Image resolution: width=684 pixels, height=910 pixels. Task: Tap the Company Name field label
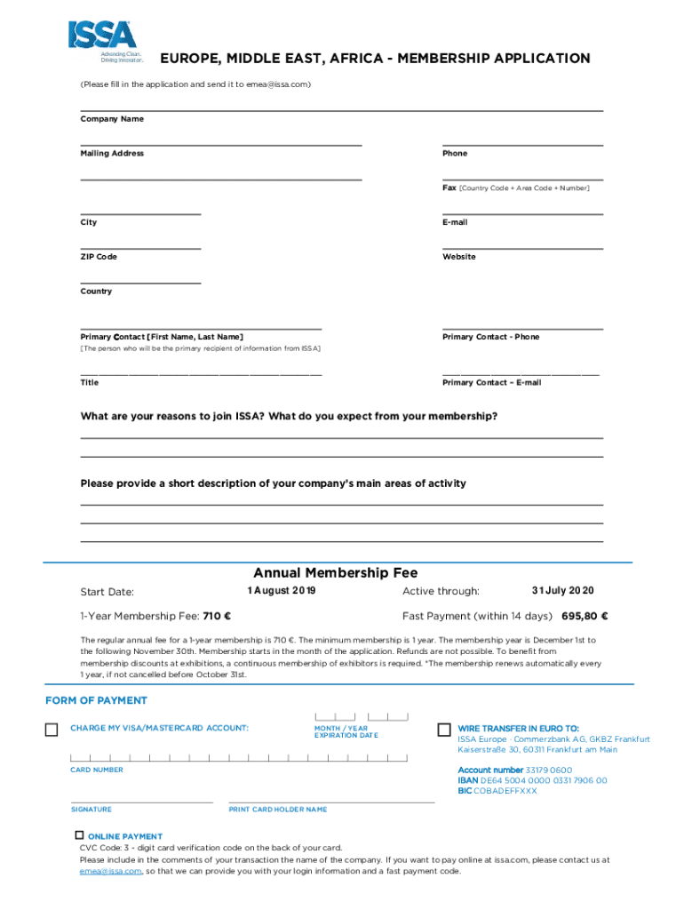[x=112, y=119]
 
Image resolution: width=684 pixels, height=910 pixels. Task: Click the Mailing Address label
[x=112, y=154]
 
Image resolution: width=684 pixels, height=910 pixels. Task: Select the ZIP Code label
[x=99, y=257]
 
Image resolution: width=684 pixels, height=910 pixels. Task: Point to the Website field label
[x=459, y=257]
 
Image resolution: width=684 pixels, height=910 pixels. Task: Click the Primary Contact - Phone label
[x=491, y=337]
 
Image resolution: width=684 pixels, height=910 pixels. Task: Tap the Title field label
[x=90, y=382]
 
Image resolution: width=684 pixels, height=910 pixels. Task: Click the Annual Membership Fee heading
[x=336, y=573]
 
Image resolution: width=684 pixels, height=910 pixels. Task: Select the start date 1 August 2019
[x=282, y=591]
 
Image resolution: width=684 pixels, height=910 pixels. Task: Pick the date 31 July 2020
[x=563, y=591]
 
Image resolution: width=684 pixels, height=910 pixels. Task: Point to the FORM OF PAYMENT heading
[x=97, y=701]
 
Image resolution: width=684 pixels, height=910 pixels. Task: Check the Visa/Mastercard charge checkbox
[x=52, y=730]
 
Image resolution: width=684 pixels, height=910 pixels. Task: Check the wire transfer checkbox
[x=444, y=730]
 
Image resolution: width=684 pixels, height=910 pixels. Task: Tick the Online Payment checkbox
[x=79, y=835]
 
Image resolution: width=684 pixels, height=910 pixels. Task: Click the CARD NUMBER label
[x=97, y=770]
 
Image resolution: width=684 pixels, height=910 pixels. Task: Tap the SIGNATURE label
[x=91, y=810]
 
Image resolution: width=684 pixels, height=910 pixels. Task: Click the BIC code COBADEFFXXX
[x=509, y=791]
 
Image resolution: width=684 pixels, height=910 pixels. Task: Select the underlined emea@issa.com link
[x=110, y=871]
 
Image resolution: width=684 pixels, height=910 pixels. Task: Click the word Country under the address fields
[x=96, y=291]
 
